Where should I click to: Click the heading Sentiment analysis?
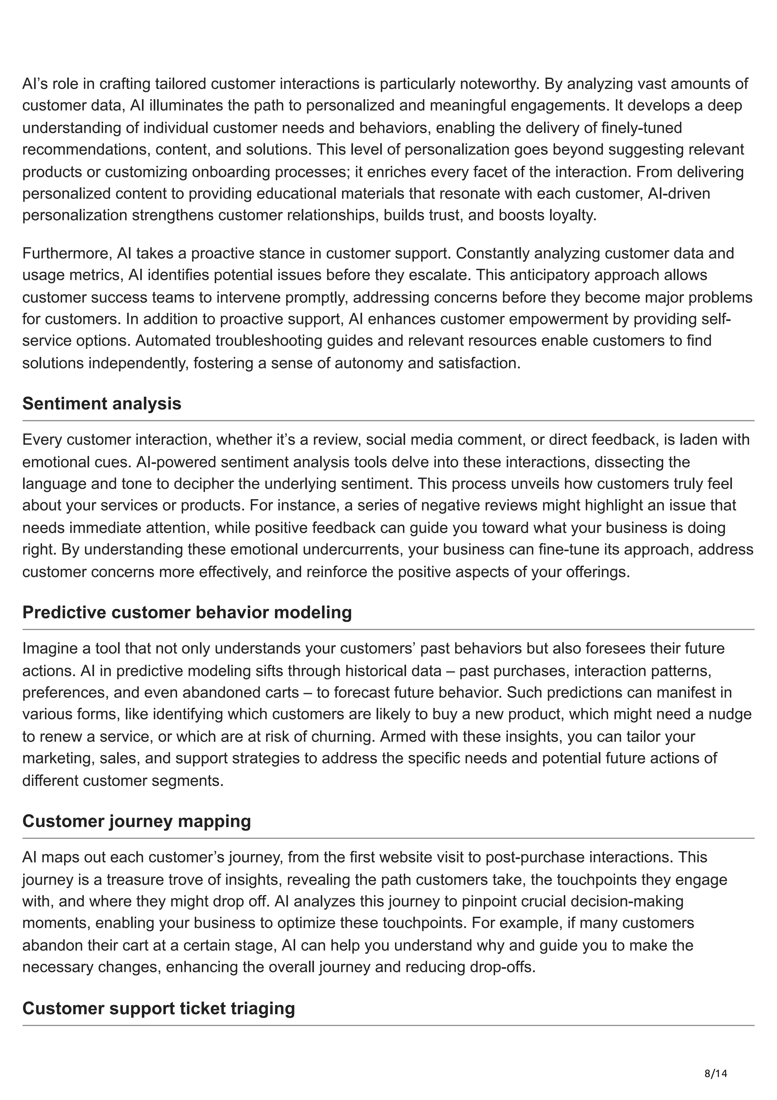pos(102,404)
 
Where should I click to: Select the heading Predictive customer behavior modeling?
pos(187,612)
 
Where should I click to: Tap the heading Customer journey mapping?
pos(137,821)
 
